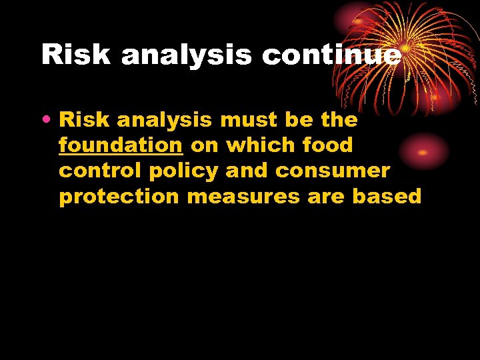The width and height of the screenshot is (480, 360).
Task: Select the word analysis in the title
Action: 187,55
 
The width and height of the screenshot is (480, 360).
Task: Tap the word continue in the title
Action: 332,55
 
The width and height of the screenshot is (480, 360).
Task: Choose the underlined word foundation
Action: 121,145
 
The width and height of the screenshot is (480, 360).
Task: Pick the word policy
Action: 183,171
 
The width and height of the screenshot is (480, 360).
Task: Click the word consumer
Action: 332,171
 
